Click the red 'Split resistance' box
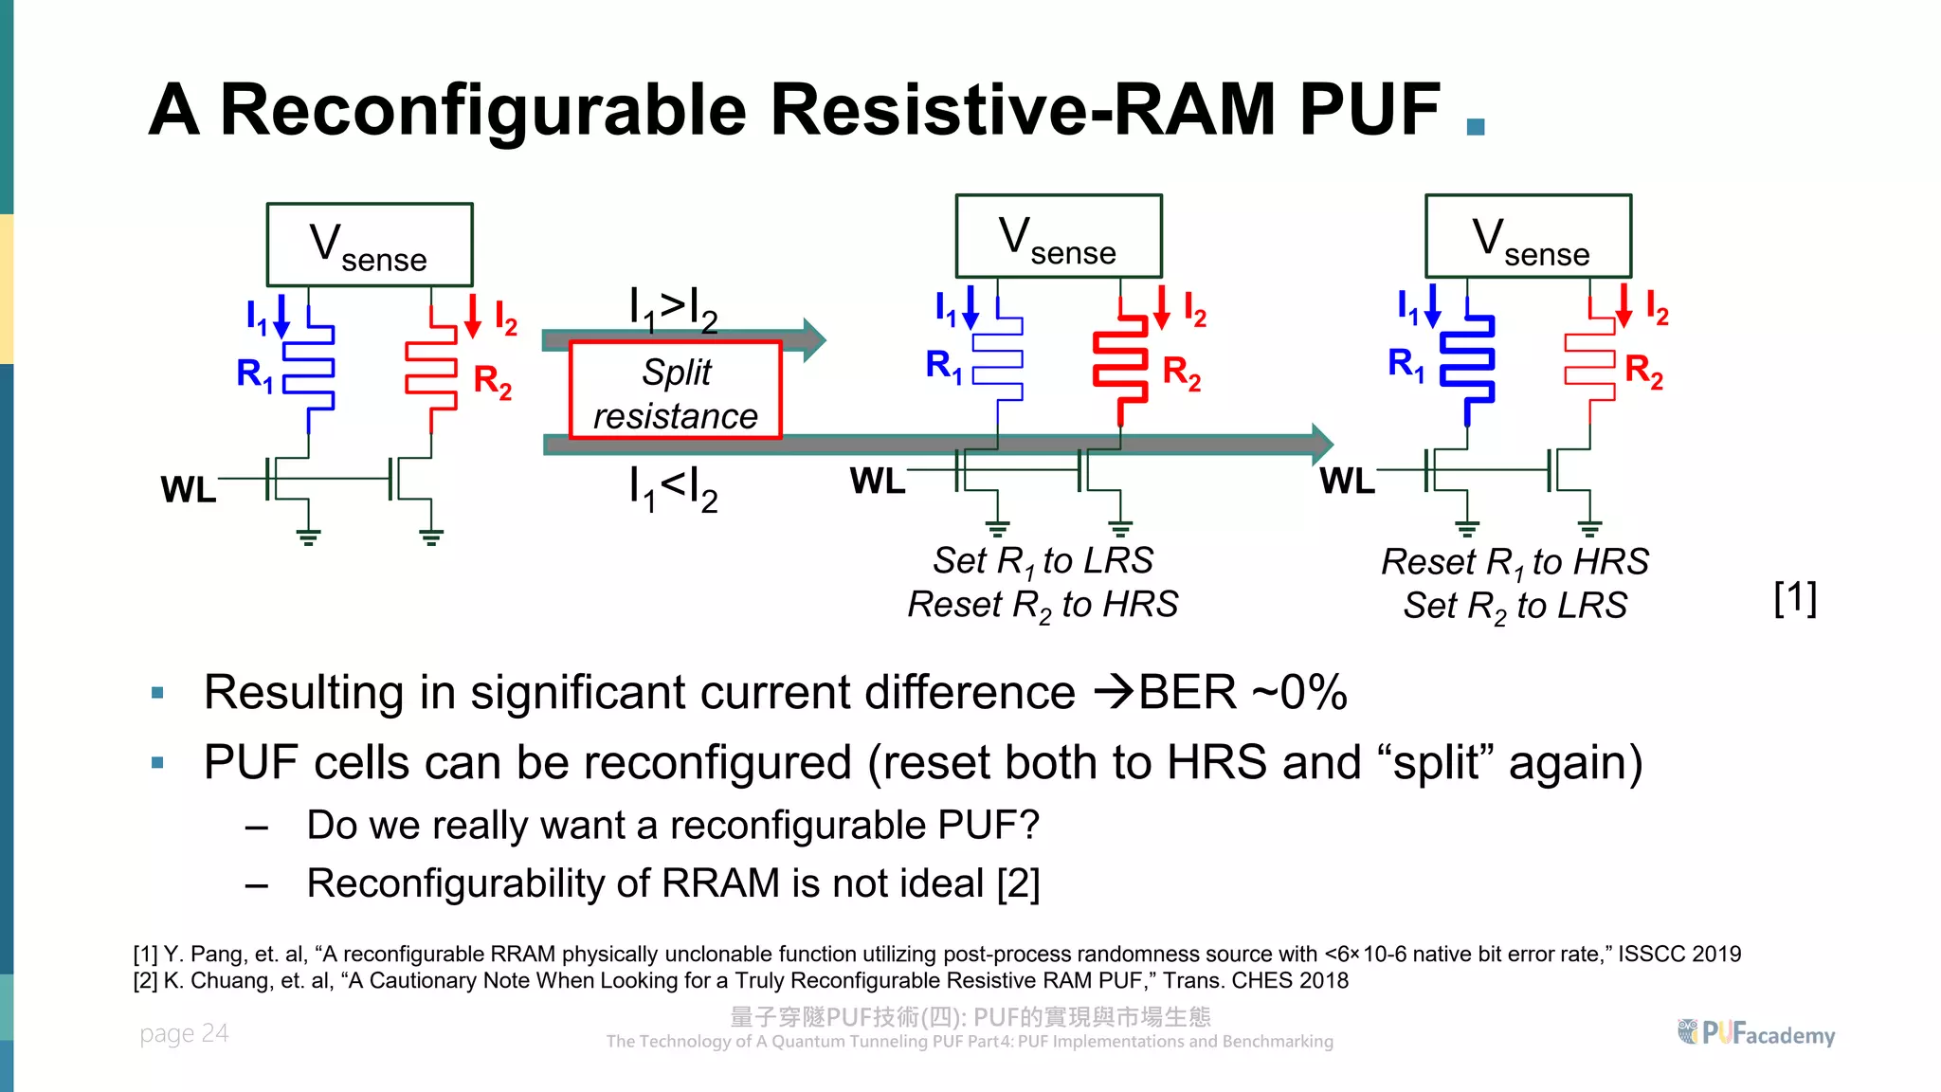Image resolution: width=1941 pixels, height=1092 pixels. [x=675, y=391]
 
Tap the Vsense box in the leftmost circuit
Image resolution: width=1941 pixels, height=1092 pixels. [x=370, y=245]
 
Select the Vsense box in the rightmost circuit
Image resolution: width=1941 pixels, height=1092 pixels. [x=1528, y=237]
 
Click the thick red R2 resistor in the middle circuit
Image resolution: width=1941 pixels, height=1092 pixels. [x=1120, y=365]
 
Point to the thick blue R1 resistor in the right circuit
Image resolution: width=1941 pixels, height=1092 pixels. [x=1467, y=365]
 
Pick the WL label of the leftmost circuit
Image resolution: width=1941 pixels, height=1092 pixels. [x=189, y=490]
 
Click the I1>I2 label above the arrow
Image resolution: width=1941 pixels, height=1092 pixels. [x=673, y=308]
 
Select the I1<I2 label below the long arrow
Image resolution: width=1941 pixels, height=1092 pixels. [x=673, y=488]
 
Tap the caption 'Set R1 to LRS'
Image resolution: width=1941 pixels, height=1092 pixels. [x=1043, y=561]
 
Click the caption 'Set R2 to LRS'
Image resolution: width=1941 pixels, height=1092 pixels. [x=1515, y=607]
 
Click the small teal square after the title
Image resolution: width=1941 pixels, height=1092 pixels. [x=1475, y=126]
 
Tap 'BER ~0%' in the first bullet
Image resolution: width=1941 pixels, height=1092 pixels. [x=1242, y=692]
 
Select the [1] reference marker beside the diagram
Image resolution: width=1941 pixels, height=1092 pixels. [x=1794, y=598]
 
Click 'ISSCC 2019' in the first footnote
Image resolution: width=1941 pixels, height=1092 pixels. [x=1678, y=954]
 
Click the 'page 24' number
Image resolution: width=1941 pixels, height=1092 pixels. [x=184, y=1033]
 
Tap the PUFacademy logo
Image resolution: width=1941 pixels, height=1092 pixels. [x=1755, y=1033]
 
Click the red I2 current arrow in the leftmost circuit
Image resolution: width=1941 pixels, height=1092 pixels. [x=472, y=317]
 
